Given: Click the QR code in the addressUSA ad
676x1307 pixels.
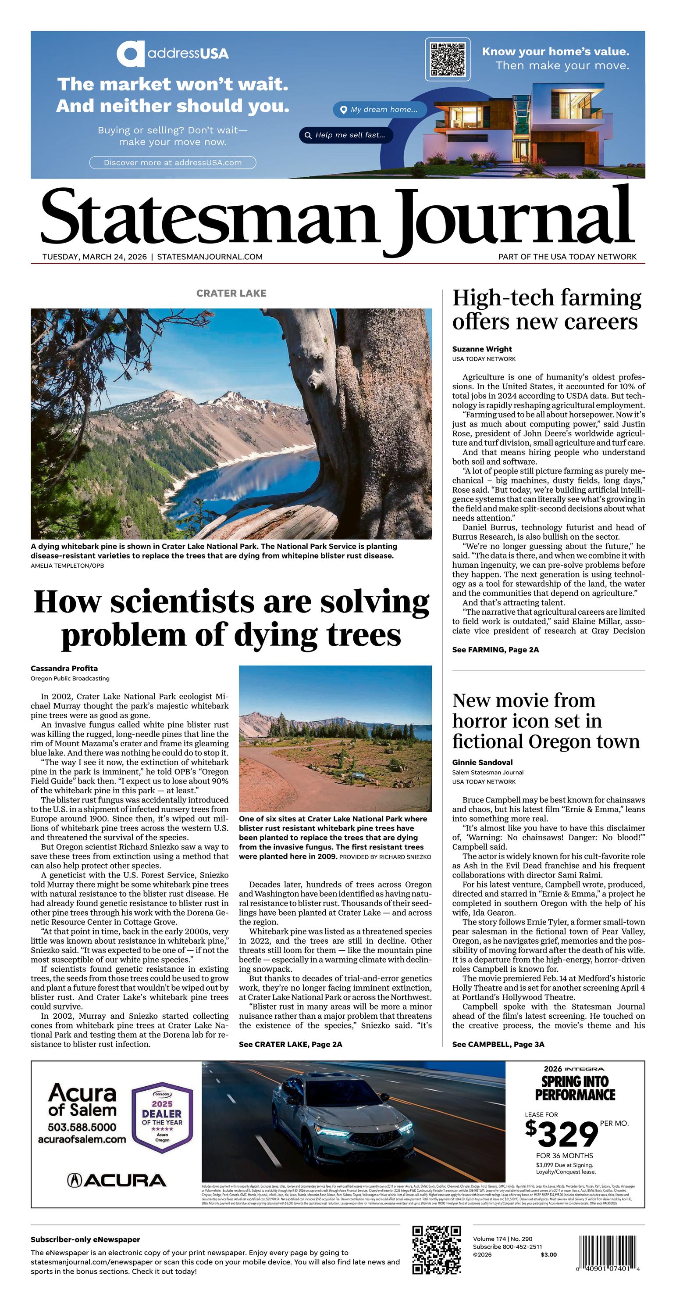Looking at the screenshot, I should click(448, 60).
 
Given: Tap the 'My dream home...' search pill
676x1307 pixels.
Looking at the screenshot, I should click(380, 110).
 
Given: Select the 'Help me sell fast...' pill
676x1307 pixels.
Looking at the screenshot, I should click(346, 135).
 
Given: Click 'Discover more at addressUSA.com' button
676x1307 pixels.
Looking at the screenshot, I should click(172, 163).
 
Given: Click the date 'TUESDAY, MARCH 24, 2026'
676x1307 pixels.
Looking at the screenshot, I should click(94, 257).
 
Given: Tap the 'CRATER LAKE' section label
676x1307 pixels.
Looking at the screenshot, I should click(231, 293).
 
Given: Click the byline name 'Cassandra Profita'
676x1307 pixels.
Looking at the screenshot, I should click(64, 668).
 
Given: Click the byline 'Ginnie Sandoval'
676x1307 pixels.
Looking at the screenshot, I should click(482, 762).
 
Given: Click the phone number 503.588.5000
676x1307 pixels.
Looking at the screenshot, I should click(82, 1128).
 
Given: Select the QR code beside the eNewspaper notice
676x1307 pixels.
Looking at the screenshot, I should click(437, 1250).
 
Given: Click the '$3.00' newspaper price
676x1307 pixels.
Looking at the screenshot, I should click(549, 1255).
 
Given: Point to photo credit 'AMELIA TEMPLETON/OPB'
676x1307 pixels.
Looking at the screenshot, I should click(67, 565).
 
